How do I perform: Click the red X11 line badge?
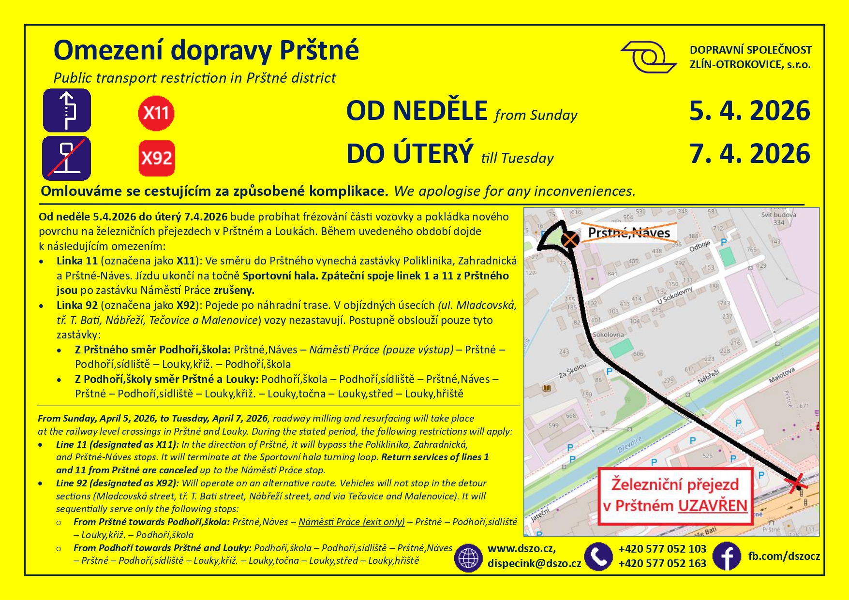[156, 113]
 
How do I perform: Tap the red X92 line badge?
[157, 158]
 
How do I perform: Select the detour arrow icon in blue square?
[67, 111]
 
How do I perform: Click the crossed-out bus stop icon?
[66, 158]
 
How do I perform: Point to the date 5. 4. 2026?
[749, 111]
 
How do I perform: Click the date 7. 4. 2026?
[749, 154]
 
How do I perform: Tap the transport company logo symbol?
[648, 57]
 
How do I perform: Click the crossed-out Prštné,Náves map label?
[628, 233]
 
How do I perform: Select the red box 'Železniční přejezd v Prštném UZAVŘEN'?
[675, 496]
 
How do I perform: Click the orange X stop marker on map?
[570, 239]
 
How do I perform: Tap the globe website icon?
[468, 557]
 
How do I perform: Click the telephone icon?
[598, 556]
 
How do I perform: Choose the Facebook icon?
[727, 556]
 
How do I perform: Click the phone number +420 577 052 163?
[662, 563]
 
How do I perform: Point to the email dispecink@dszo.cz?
[534, 563]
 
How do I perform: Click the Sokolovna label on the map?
[608, 335]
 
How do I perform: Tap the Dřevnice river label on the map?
[629, 444]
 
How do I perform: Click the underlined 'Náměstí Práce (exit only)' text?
[351, 522]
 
